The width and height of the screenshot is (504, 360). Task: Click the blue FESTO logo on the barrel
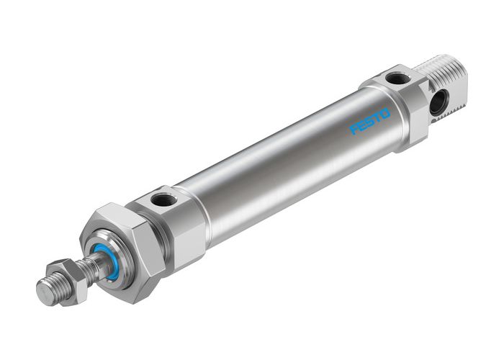click(370, 121)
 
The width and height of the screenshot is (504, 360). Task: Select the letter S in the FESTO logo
click(370, 121)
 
